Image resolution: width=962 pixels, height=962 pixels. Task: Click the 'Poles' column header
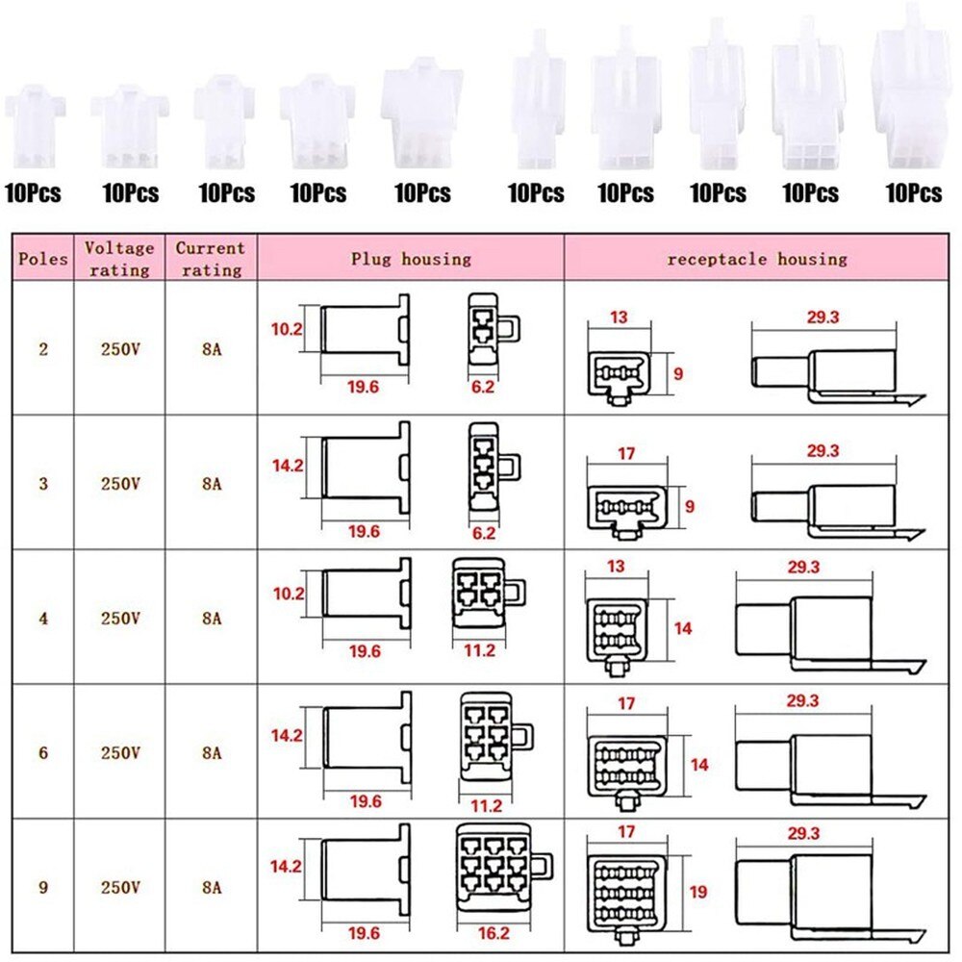coord(43,258)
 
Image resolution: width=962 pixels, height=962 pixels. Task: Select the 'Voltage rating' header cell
coord(119,258)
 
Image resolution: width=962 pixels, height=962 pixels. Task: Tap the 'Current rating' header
coord(211,258)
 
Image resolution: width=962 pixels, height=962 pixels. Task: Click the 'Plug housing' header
coord(411,259)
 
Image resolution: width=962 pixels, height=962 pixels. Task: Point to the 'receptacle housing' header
coord(757,259)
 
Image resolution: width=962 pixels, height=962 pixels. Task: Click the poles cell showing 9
coord(43,887)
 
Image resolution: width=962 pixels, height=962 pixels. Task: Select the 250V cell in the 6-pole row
coord(120,753)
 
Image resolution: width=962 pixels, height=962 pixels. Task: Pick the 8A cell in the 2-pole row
coord(212,349)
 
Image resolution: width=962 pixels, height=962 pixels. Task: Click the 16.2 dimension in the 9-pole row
coord(494,933)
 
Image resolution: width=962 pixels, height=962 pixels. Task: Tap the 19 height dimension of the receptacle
coord(698,892)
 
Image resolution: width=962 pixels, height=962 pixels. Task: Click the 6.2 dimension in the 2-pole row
coord(483,387)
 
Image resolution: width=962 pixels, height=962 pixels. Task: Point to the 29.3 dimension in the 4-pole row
coord(803,567)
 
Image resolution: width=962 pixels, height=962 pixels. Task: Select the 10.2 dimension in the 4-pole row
coord(289,594)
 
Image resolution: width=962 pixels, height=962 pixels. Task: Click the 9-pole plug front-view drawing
coord(504,868)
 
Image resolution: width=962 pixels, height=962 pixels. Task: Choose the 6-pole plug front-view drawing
coord(495,736)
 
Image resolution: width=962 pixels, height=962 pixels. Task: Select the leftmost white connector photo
coord(35,126)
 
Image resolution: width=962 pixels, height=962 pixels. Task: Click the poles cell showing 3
coord(43,484)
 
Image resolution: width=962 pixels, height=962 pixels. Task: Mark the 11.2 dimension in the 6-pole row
coord(487,805)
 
